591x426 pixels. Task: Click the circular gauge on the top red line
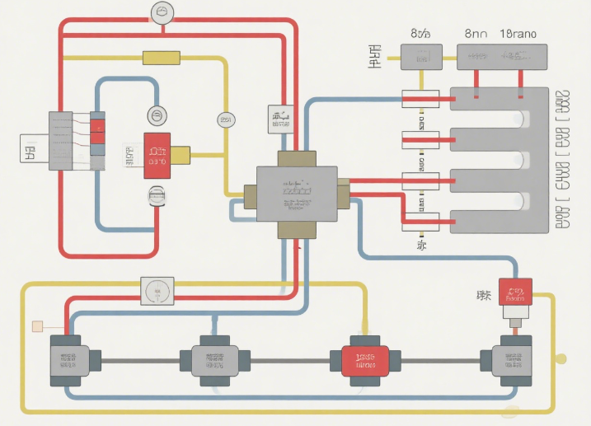(x=162, y=12)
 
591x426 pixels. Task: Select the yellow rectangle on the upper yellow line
(x=162, y=58)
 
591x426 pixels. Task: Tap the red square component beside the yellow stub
(x=157, y=155)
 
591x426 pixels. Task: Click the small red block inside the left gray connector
(x=97, y=127)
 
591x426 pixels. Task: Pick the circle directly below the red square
(x=157, y=195)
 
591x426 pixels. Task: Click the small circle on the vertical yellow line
(x=225, y=120)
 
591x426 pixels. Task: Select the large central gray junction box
(x=297, y=193)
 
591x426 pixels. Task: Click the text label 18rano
(x=518, y=35)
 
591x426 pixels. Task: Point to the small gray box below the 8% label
(x=421, y=57)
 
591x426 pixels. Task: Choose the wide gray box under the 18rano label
(x=503, y=57)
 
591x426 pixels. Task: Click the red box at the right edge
(x=516, y=292)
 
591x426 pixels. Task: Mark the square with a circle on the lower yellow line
(x=157, y=291)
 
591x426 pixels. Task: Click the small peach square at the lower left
(x=37, y=326)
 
